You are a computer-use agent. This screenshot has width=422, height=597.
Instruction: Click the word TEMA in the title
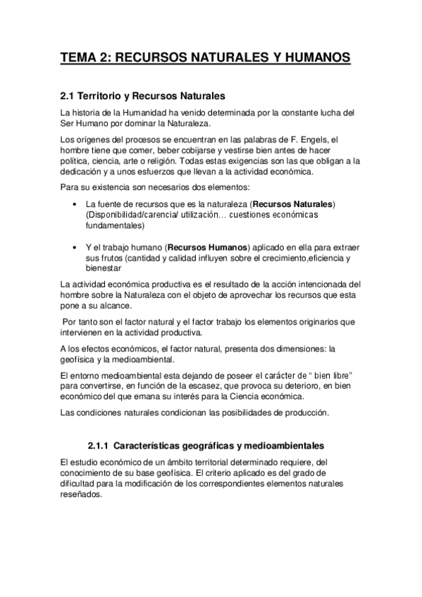[77, 58]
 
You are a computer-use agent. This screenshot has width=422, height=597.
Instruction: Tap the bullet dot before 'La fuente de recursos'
[75, 204]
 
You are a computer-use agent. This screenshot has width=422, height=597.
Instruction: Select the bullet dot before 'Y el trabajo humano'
[75, 248]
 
